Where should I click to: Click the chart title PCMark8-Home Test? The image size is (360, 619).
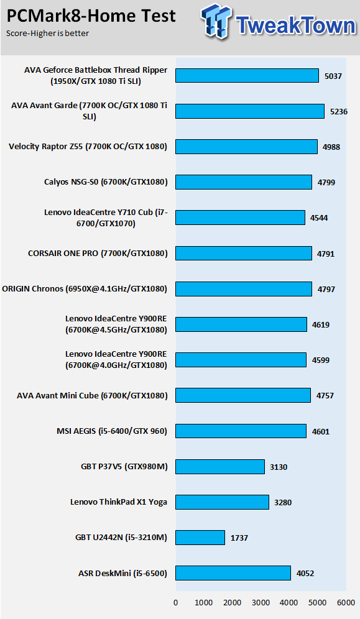point(91,16)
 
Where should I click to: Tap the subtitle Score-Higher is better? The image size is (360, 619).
point(47,33)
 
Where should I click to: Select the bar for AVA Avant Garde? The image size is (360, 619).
point(250,111)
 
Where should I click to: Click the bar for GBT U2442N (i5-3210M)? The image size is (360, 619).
point(200,538)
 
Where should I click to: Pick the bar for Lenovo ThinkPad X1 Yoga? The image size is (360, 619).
point(222,502)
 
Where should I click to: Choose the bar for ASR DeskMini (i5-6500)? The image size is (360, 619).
point(233,573)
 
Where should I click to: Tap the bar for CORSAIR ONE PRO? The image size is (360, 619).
point(244,254)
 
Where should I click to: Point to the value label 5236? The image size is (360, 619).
point(339,112)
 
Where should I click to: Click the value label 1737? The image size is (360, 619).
point(239,538)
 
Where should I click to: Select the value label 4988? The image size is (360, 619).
point(331,147)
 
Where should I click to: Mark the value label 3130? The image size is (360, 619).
point(279,467)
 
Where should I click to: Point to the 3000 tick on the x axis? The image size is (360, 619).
point(261,603)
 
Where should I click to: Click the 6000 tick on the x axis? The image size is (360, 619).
point(346,603)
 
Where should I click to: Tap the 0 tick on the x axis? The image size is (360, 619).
point(176,603)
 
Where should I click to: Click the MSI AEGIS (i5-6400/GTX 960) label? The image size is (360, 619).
point(112,431)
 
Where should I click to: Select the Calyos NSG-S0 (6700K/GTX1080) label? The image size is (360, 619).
point(106,182)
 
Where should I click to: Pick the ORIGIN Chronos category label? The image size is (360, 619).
point(85,289)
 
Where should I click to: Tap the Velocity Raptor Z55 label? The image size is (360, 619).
point(88,147)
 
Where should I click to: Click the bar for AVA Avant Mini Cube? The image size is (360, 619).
point(243,395)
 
